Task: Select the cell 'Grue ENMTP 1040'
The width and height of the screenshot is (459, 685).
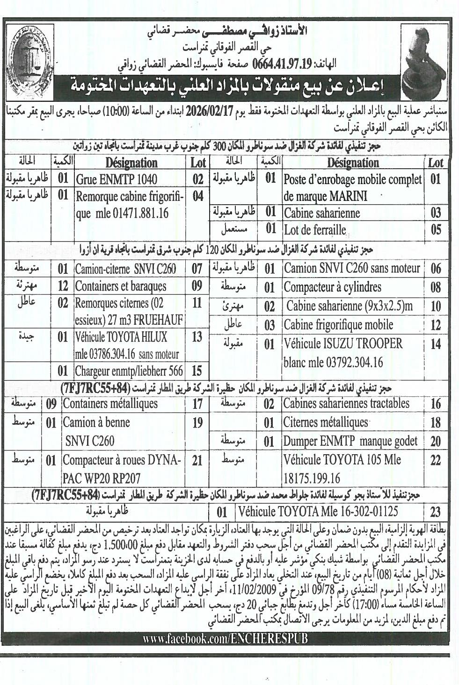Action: tap(117, 179)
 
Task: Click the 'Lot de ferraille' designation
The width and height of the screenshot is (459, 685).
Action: tap(315, 230)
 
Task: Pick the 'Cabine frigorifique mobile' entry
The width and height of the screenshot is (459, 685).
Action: tap(338, 325)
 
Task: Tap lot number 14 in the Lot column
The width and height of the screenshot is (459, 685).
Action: tap(435, 344)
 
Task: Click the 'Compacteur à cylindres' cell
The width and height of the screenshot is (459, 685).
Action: tap(333, 286)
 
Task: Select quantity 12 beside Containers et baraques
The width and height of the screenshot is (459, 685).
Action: tap(63, 286)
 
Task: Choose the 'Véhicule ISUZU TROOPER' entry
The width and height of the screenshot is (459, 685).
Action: tap(343, 344)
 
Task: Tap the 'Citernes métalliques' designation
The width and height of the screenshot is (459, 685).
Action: tap(326, 422)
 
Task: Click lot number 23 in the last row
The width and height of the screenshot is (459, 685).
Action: tap(435, 513)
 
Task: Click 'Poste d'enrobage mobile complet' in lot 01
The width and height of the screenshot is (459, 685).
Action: tap(353, 179)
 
